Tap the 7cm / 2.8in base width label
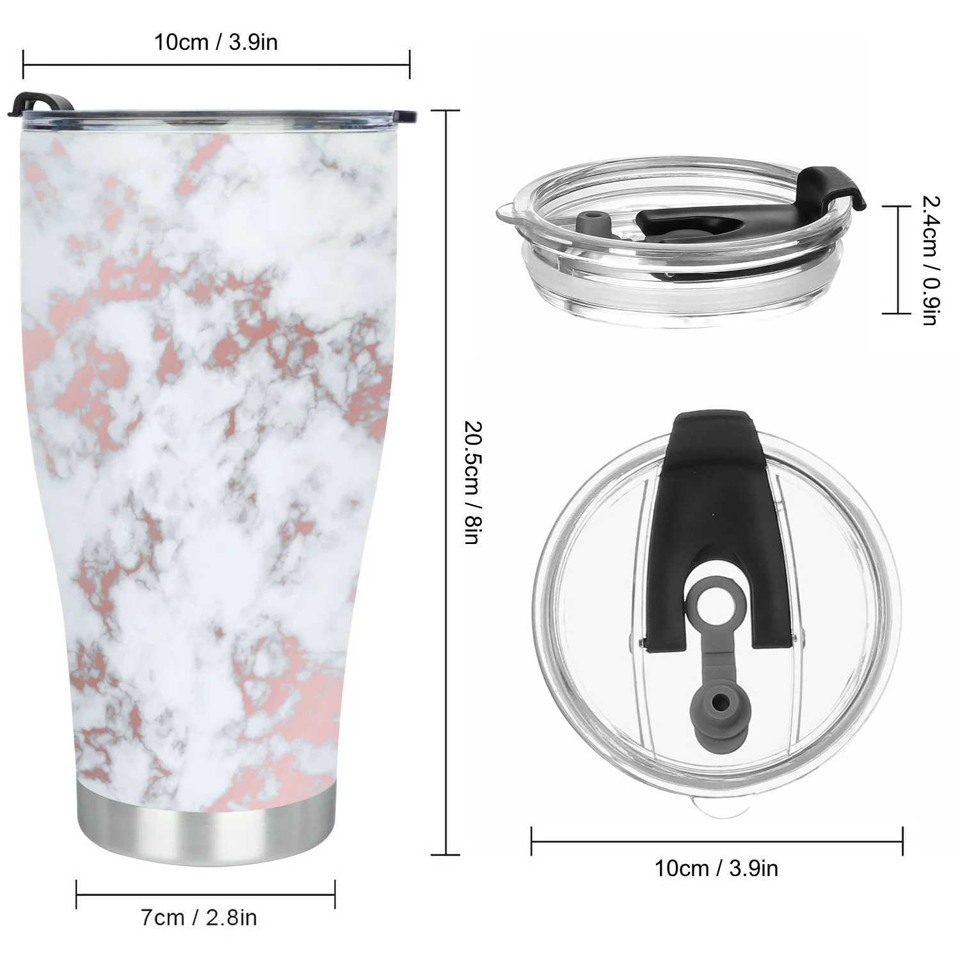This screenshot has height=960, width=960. click(x=198, y=918)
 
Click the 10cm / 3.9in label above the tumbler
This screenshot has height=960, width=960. click(x=216, y=42)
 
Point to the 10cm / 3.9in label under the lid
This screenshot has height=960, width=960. click(x=716, y=868)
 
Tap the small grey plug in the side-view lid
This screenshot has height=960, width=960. click(x=592, y=226)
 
